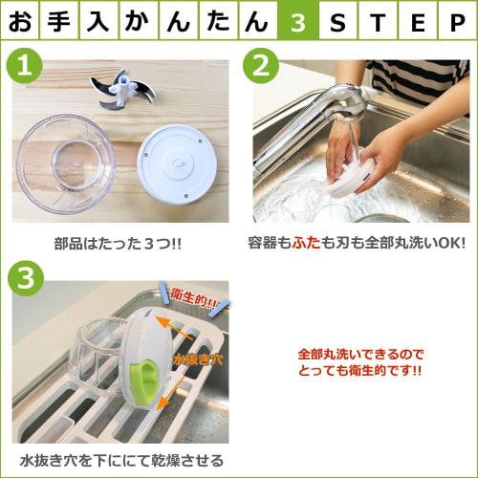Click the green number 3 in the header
point(298,21)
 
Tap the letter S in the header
point(337,21)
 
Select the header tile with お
point(21,21)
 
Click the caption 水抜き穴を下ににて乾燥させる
point(119,460)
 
